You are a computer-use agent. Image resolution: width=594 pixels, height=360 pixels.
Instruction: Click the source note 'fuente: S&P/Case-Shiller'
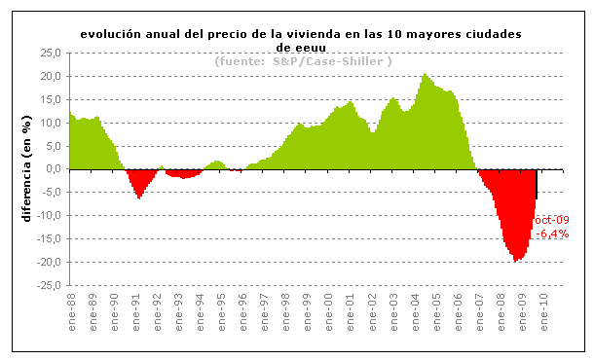[303, 61]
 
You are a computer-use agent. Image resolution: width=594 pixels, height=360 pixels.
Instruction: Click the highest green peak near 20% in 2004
[425, 75]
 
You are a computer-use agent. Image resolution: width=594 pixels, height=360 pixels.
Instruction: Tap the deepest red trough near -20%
[516, 260]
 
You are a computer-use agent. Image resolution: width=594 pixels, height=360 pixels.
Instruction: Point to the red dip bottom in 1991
[139, 197]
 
